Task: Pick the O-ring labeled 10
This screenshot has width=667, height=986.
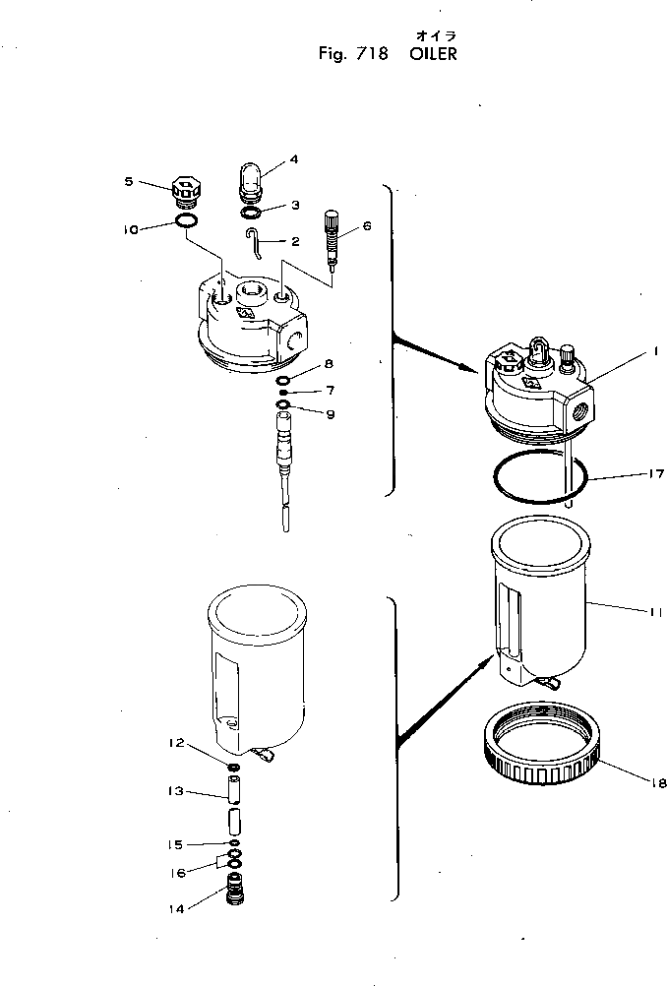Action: [188, 222]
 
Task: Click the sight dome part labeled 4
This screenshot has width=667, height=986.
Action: [251, 182]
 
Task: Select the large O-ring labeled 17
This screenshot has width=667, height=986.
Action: [539, 478]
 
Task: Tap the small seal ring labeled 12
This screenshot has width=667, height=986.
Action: [234, 768]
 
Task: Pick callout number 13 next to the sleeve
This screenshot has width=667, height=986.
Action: [176, 791]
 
